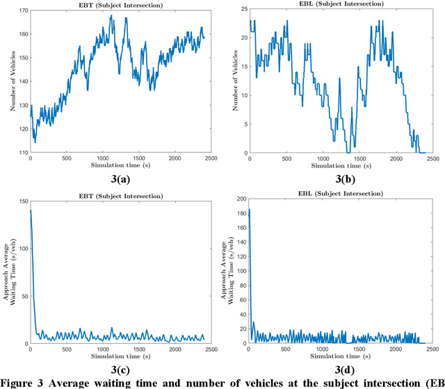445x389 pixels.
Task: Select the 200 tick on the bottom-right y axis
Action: pyautogui.click(x=241, y=199)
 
